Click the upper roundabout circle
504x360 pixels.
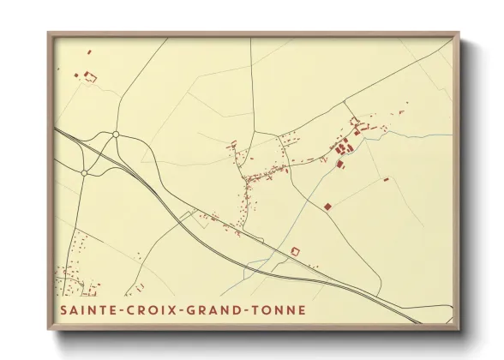pos(116,134)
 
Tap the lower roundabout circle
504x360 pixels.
pos(84,172)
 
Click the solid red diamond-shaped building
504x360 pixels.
pos(327,207)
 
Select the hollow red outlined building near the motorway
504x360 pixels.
pos(296,251)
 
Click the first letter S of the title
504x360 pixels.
pos(63,309)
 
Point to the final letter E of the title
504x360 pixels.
pos(301,309)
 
